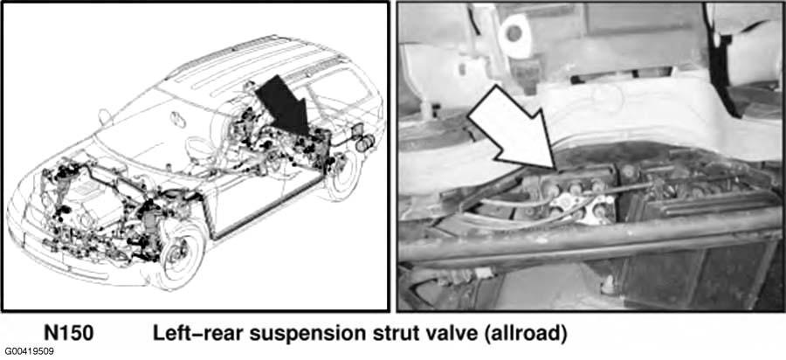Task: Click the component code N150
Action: point(67,333)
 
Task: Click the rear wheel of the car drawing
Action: point(341,174)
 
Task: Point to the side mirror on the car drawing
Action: point(105,117)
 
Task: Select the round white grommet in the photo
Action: point(514,32)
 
